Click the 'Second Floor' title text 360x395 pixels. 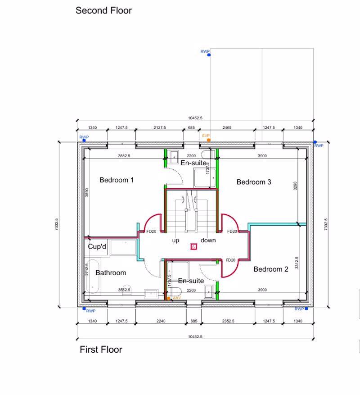pyautogui.click(x=103, y=10)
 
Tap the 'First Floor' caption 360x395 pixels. pyautogui.click(x=101, y=350)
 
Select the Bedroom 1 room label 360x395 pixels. pyautogui.click(x=117, y=180)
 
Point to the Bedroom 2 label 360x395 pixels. pyautogui.click(x=271, y=269)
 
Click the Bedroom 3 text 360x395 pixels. pyautogui.click(x=254, y=182)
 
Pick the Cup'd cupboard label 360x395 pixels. pyautogui.click(x=97, y=247)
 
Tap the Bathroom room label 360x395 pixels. pyautogui.click(x=111, y=272)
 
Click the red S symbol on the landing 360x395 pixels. pyautogui.click(x=193, y=246)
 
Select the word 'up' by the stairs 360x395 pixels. pyautogui.click(x=175, y=241)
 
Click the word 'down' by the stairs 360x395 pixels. pyautogui.click(x=208, y=241)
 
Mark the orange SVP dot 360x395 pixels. pyautogui.click(x=208, y=140)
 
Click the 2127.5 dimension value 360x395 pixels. pyautogui.click(x=159, y=128)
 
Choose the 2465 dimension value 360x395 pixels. pyautogui.click(x=227, y=128)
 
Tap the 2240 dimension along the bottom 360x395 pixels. pyautogui.click(x=161, y=321)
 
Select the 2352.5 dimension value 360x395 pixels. pyautogui.click(x=228, y=321)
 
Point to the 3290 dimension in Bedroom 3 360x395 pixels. pyautogui.click(x=295, y=186)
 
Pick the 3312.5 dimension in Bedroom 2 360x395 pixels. pyautogui.click(x=297, y=263)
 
